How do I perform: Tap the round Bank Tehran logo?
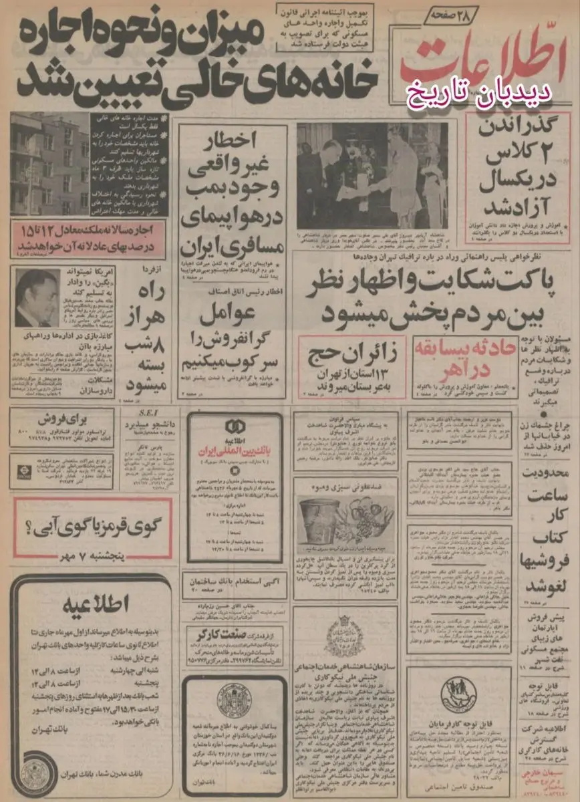35,772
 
